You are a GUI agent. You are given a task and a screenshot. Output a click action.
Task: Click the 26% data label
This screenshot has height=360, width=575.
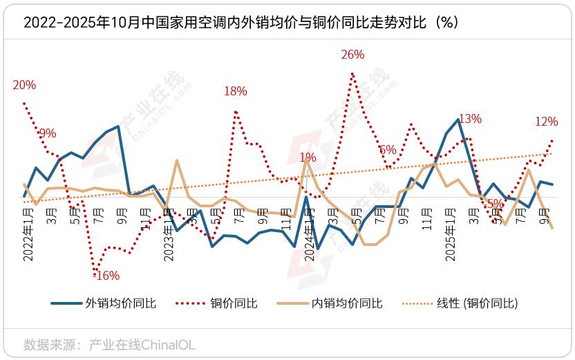[353, 55]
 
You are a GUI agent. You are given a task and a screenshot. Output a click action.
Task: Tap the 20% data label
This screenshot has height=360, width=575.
[24, 86]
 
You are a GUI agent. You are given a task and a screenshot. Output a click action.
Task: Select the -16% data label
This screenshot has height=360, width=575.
[106, 276]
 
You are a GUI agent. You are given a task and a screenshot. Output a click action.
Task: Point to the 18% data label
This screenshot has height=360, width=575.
[236, 91]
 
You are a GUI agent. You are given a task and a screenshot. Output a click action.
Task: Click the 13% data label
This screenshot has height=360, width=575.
[470, 119]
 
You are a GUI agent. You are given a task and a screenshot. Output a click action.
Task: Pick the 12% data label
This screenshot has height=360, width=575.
[547, 122]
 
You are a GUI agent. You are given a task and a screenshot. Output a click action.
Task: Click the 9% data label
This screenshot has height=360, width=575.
[48, 134]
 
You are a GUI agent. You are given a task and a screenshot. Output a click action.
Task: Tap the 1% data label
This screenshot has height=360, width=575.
[308, 158]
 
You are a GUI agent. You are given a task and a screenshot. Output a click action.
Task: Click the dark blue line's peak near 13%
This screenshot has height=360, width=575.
[459, 120]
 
